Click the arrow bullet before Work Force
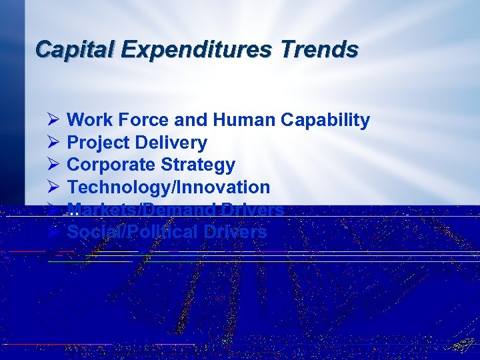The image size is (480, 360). (54, 120)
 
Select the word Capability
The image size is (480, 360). (325, 121)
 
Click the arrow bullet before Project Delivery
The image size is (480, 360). (54, 143)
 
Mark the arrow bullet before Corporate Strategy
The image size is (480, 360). (54, 165)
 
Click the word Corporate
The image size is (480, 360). (109, 165)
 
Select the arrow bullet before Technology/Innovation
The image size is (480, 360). (54, 187)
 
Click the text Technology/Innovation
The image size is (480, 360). (169, 187)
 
